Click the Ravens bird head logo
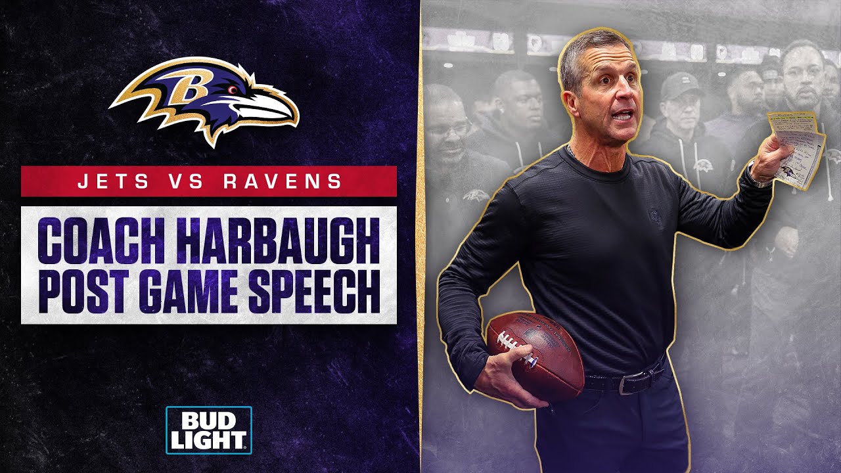pyautogui.click(x=204, y=101)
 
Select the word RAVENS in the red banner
pyautogui.click(x=283, y=181)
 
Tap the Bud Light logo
pyautogui.click(x=208, y=430)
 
